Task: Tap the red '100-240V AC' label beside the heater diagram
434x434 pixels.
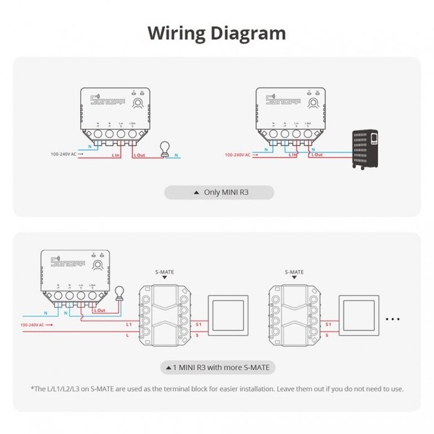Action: click(x=239, y=155)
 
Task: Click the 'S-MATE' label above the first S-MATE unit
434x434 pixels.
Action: click(x=163, y=272)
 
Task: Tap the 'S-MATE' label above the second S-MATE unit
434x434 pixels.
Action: click(x=293, y=272)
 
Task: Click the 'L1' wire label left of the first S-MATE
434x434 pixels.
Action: click(x=128, y=324)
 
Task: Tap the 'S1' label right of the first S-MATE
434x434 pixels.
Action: click(x=198, y=324)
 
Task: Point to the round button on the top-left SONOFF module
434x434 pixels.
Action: click(x=139, y=102)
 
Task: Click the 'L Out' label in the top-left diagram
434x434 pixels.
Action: click(x=139, y=155)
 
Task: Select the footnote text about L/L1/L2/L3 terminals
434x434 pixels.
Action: click(x=217, y=389)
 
